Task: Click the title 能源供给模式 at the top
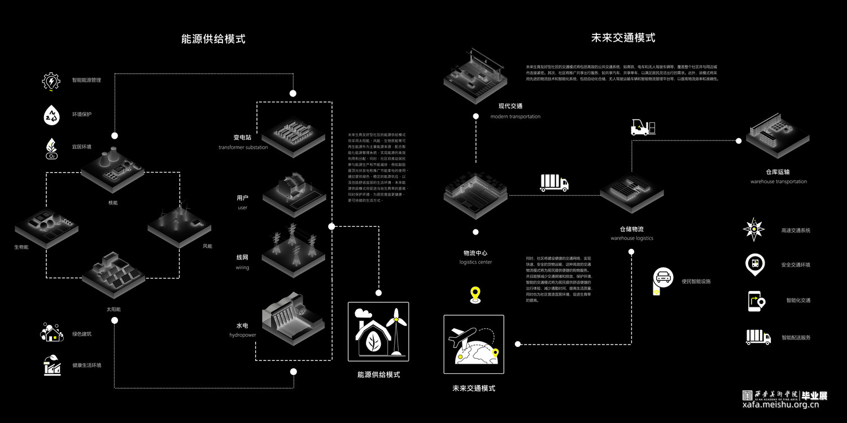(x=213, y=39)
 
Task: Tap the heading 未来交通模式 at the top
(x=623, y=38)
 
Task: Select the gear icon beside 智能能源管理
(x=51, y=81)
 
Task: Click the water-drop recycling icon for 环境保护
(x=51, y=114)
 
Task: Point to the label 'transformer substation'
(x=243, y=148)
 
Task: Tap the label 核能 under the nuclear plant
(x=113, y=202)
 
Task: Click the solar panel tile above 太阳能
(x=113, y=276)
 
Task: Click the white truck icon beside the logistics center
(x=554, y=183)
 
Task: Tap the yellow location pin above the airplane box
(x=475, y=294)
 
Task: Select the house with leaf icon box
(x=378, y=332)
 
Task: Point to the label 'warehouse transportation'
(x=778, y=182)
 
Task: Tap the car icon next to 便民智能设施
(x=663, y=277)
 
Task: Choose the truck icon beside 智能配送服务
(x=758, y=337)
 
